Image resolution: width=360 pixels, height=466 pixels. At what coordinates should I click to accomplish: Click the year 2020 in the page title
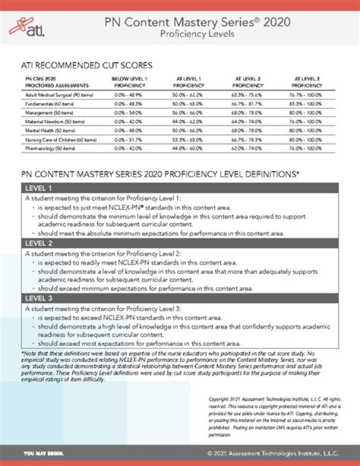(x=274, y=22)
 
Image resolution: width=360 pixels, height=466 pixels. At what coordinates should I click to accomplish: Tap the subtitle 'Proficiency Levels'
(x=197, y=35)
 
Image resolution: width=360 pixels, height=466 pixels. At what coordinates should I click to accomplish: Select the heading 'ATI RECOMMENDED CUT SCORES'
(x=86, y=65)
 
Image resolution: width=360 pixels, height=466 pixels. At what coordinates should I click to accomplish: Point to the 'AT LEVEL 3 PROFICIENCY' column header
(x=307, y=82)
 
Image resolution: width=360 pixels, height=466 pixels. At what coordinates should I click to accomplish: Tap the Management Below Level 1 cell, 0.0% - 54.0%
(x=129, y=113)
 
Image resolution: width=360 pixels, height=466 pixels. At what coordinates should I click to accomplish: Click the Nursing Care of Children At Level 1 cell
(x=189, y=140)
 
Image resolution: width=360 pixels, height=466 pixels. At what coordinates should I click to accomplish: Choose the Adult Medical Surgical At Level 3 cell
(x=307, y=95)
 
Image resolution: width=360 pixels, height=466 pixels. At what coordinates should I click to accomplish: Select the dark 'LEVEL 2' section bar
(x=180, y=243)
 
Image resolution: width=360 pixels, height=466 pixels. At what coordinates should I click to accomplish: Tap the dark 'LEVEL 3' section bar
(x=180, y=298)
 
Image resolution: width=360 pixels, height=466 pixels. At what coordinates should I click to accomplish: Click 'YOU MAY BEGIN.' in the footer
(x=44, y=453)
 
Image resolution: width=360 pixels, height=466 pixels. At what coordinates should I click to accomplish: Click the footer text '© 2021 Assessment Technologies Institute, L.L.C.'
(x=273, y=453)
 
